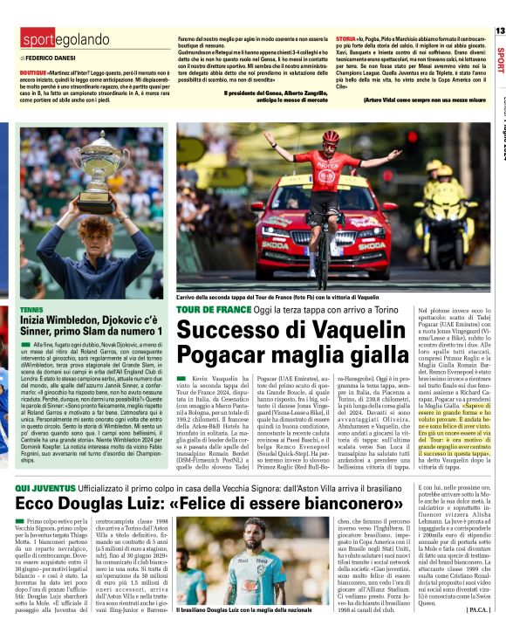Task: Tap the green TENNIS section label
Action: click(31, 310)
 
